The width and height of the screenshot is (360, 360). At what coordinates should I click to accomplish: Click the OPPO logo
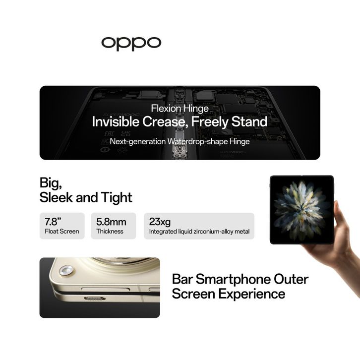(131, 43)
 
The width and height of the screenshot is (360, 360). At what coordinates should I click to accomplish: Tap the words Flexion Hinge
(180, 109)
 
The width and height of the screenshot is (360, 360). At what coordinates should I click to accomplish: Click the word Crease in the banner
(164, 121)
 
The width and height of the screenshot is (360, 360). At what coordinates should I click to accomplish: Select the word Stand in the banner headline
(249, 121)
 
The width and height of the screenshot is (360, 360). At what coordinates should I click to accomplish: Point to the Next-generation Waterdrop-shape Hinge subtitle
(180, 141)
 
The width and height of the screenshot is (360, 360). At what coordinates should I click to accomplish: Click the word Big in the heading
(51, 183)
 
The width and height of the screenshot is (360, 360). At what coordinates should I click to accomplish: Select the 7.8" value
(53, 222)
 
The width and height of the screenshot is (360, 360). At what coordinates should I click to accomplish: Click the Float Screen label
(62, 231)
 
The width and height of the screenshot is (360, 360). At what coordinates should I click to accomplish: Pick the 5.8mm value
(111, 222)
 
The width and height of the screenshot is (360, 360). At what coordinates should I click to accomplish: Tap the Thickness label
(110, 231)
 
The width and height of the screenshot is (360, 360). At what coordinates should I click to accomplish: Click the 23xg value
(160, 222)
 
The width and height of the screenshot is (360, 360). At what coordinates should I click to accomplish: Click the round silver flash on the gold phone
(66, 270)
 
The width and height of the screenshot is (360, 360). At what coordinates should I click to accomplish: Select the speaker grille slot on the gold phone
(95, 299)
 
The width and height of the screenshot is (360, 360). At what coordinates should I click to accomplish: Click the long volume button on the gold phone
(106, 289)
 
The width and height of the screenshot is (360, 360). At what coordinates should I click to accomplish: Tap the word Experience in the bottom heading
(251, 294)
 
